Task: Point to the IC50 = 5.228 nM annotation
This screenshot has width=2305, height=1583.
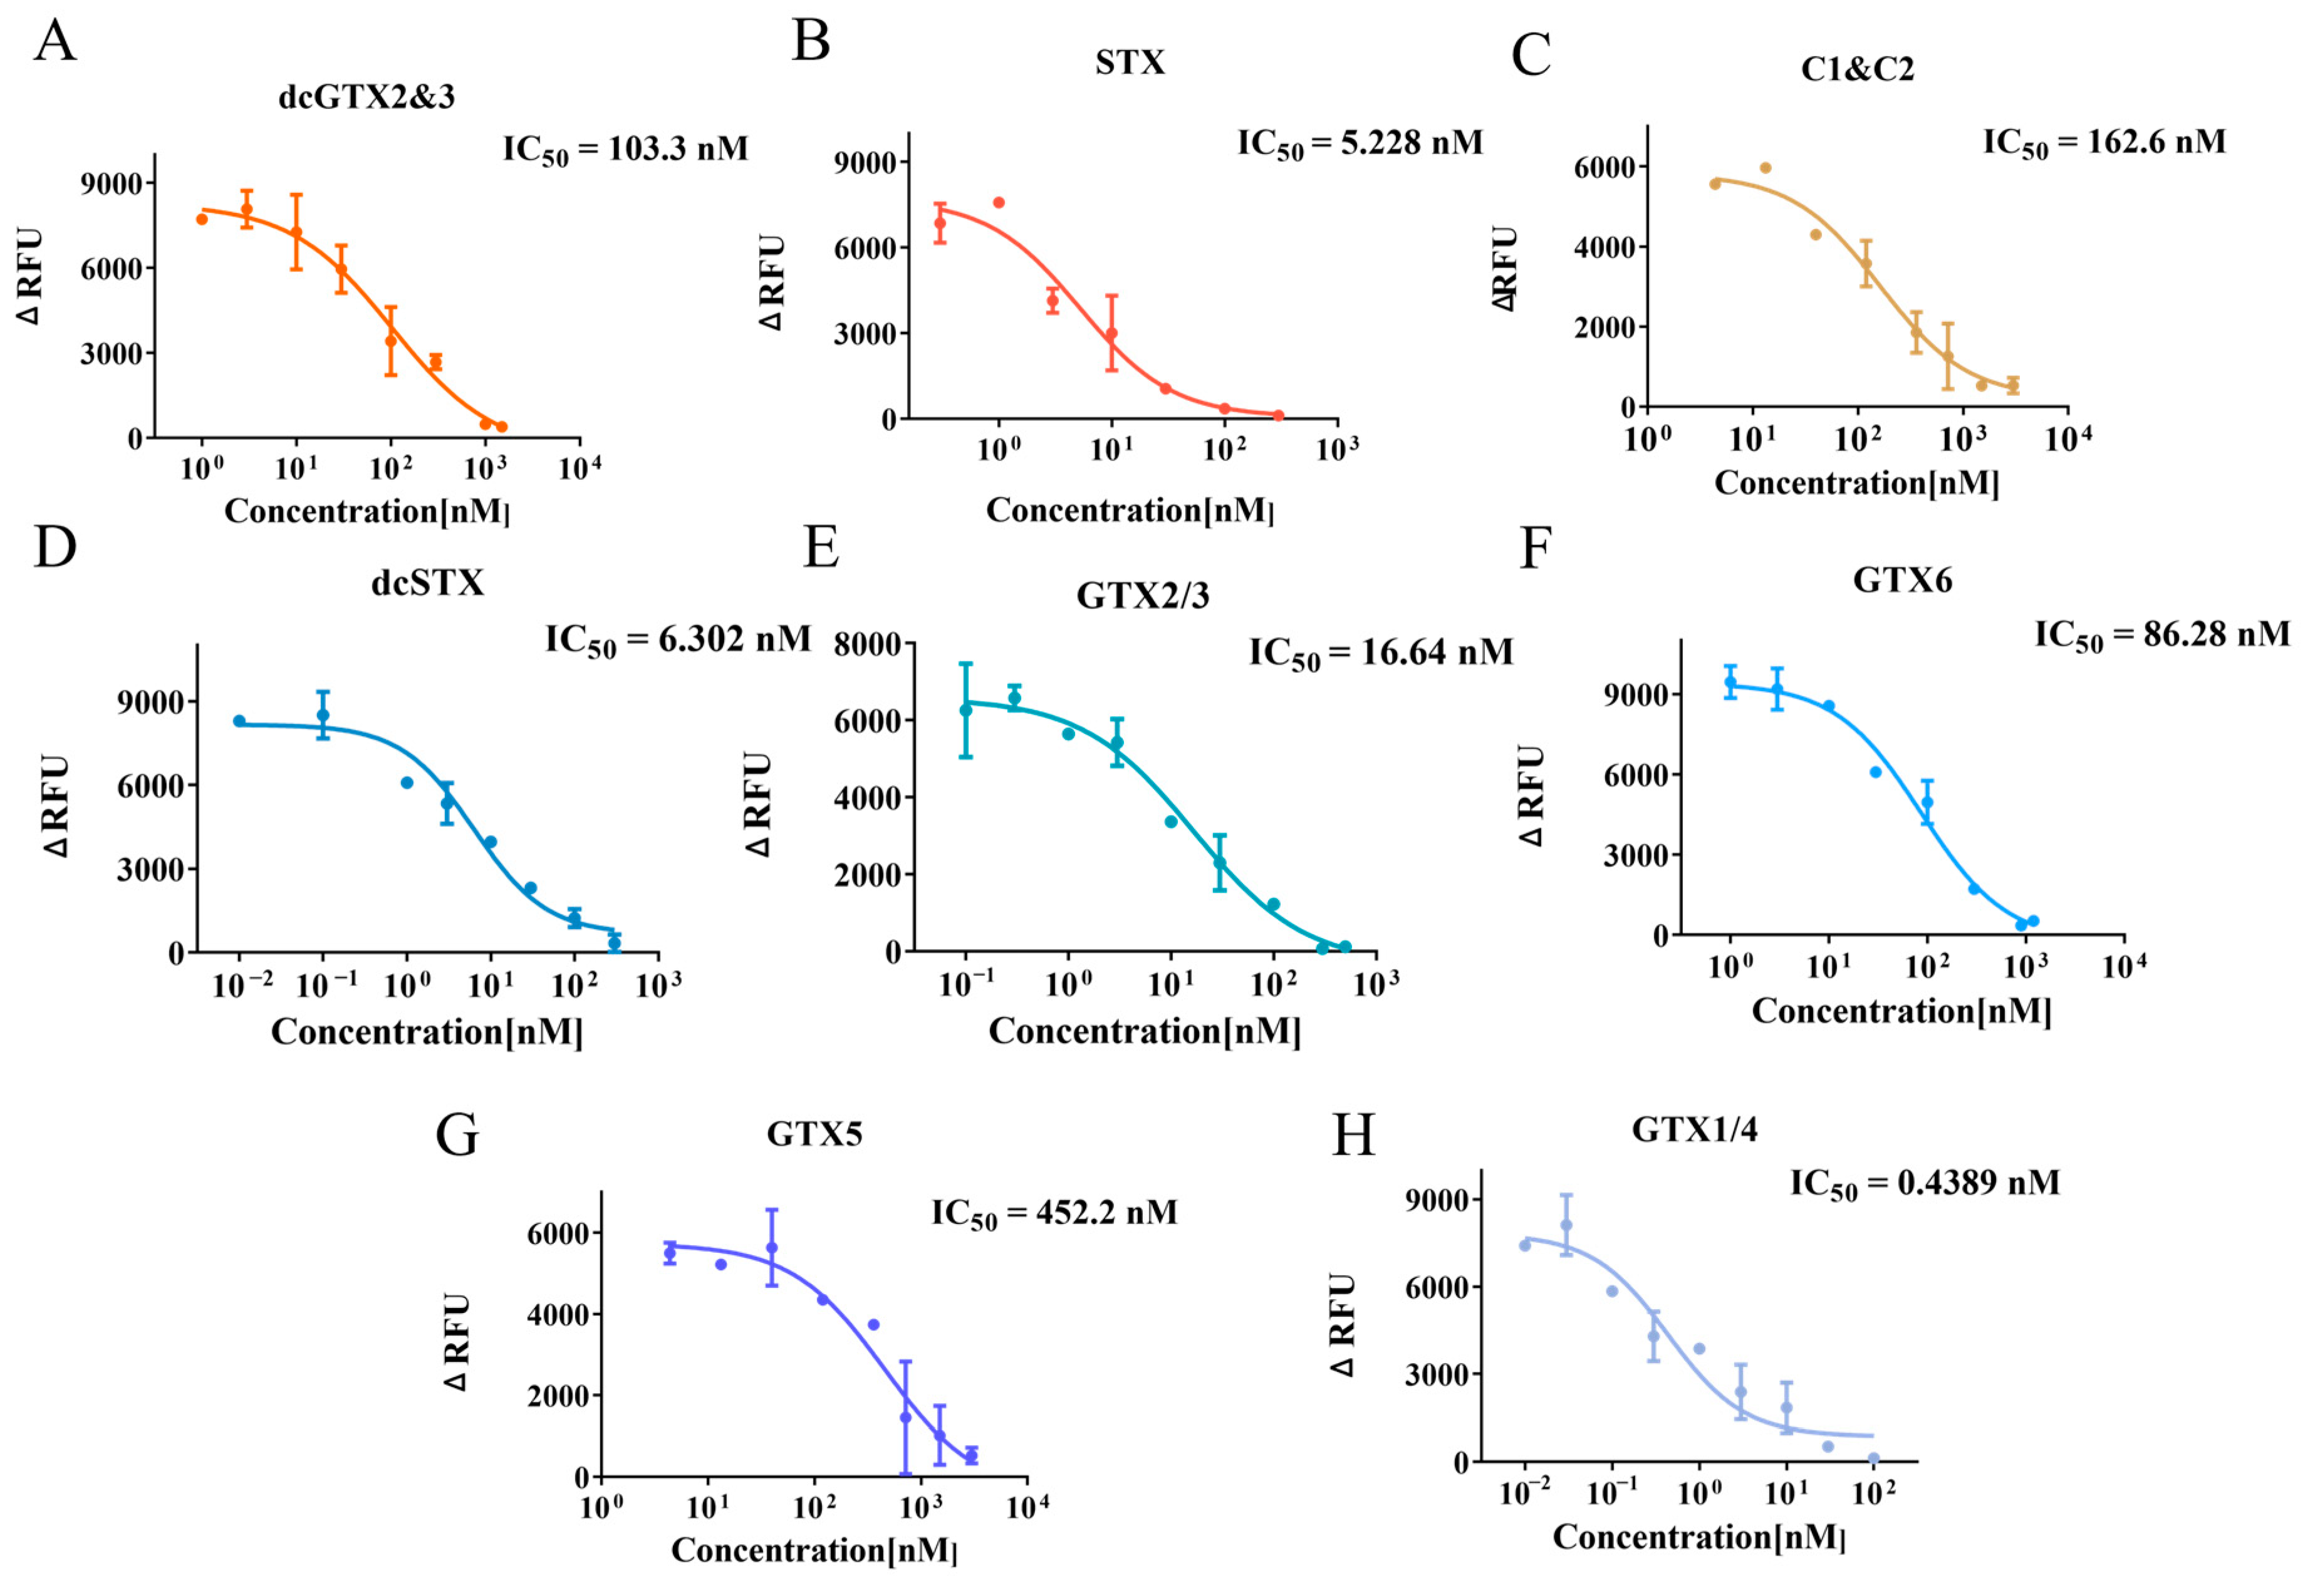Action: click(1360, 145)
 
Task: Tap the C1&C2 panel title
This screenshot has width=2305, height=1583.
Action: click(1856, 70)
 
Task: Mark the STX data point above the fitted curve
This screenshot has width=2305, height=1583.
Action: click(999, 202)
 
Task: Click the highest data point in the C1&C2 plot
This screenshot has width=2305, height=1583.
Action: click(1766, 168)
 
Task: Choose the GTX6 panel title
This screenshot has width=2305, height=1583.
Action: click(1902, 580)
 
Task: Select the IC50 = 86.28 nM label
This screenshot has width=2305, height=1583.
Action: click(2162, 635)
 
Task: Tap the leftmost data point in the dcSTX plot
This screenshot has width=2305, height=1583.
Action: click(239, 721)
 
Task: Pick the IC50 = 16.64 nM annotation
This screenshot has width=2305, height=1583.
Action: click(1381, 653)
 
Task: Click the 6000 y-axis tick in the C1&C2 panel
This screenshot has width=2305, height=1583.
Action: click(1604, 168)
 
